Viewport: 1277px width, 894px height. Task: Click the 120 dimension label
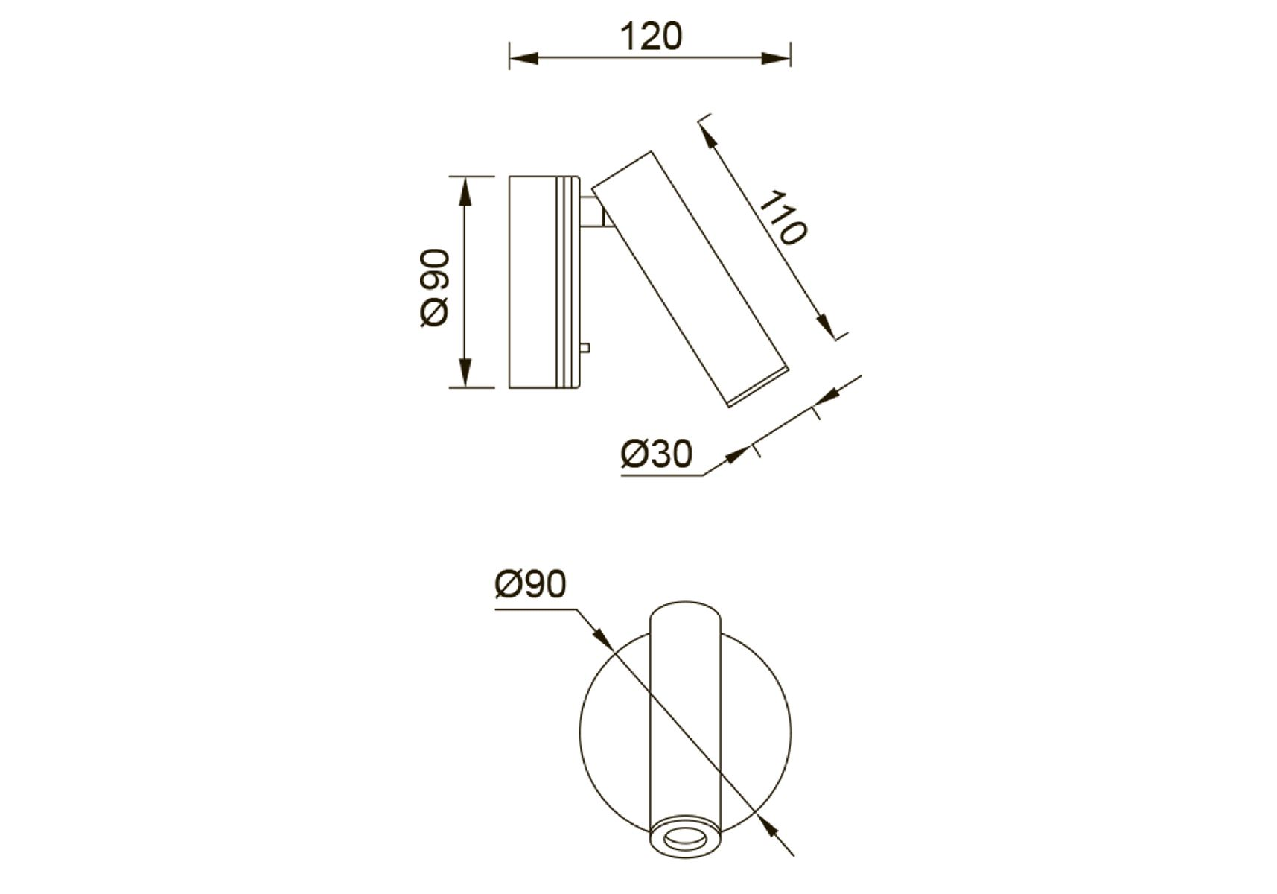pos(650,37)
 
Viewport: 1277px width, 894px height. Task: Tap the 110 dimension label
pos(783,218)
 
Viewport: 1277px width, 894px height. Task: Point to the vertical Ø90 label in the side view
pos(435,288)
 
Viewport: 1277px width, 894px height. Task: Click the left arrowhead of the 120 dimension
pos(523,57)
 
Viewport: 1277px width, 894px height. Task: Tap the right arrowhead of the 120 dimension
pos(777,57)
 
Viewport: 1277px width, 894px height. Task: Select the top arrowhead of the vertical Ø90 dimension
pos(465,191)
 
